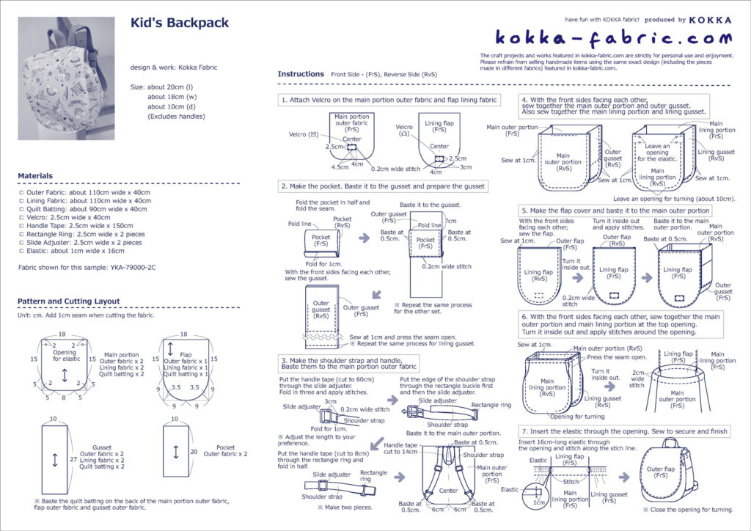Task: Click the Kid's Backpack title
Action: [x=179, y=23]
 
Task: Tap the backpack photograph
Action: [x=66, y=78]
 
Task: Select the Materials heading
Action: [x=35, y=176]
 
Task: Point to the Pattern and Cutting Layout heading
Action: [x=69, y=301]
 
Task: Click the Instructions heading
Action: [x=301, y=74]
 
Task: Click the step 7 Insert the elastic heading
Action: [x=624, y=431]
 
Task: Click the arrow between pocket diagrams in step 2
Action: [x=364, y=238]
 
